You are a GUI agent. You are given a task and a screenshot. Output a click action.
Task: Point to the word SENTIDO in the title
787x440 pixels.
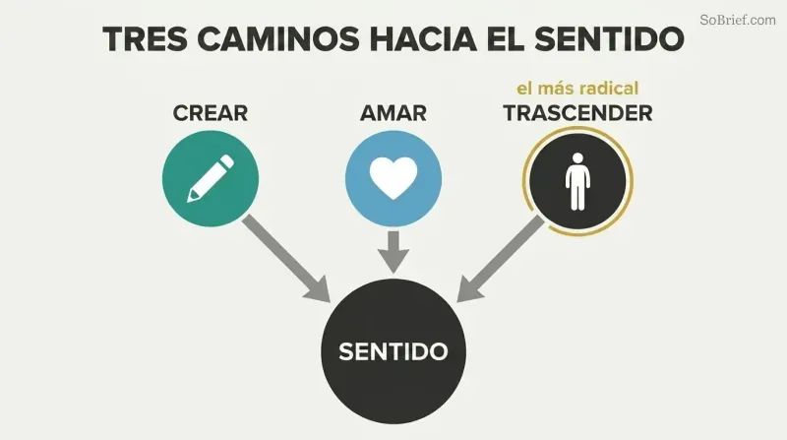pyautogui.click(x=609, y=38)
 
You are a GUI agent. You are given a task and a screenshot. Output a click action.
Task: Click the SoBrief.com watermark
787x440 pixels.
pyautogui.click(x=738, y=20)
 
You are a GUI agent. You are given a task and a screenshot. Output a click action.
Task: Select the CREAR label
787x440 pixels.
pyautogui.click(x=211, y=113)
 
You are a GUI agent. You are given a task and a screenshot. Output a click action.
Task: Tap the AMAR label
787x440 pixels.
pyautogui.click(x=393, y=113)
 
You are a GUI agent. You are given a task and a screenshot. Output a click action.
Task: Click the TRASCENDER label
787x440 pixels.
pyautogui.click(x=578, y=113)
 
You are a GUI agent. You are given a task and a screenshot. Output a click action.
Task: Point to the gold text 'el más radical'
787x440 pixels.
pyautogui.click(x=577, y=89)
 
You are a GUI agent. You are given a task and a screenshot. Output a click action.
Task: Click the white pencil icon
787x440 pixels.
pyautogui.click(x=211, y=179)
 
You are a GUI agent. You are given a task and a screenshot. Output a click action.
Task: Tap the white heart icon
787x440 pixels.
pyautogui.click(x=393, y=178)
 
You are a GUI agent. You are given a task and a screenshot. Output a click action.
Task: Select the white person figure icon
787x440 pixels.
pyautogui.click(x=577, y=181)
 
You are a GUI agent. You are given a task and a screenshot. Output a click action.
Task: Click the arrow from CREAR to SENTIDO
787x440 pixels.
pyautogui.click(x=286, y=259)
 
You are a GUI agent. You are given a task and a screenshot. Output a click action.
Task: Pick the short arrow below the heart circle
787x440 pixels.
pyautogui.click(x=393, y=252)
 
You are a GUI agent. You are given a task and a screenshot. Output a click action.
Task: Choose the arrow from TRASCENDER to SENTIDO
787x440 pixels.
pyautogui.click(x=501, y=259)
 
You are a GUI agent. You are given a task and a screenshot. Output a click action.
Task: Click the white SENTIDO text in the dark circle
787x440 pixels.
pyautogui.click(x=393, y=351)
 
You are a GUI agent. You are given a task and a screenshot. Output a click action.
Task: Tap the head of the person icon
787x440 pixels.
pyautogui.click(x=577, y=158)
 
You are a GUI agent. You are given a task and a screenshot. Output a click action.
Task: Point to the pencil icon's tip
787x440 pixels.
pyautogui.click(x=189, y=201)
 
